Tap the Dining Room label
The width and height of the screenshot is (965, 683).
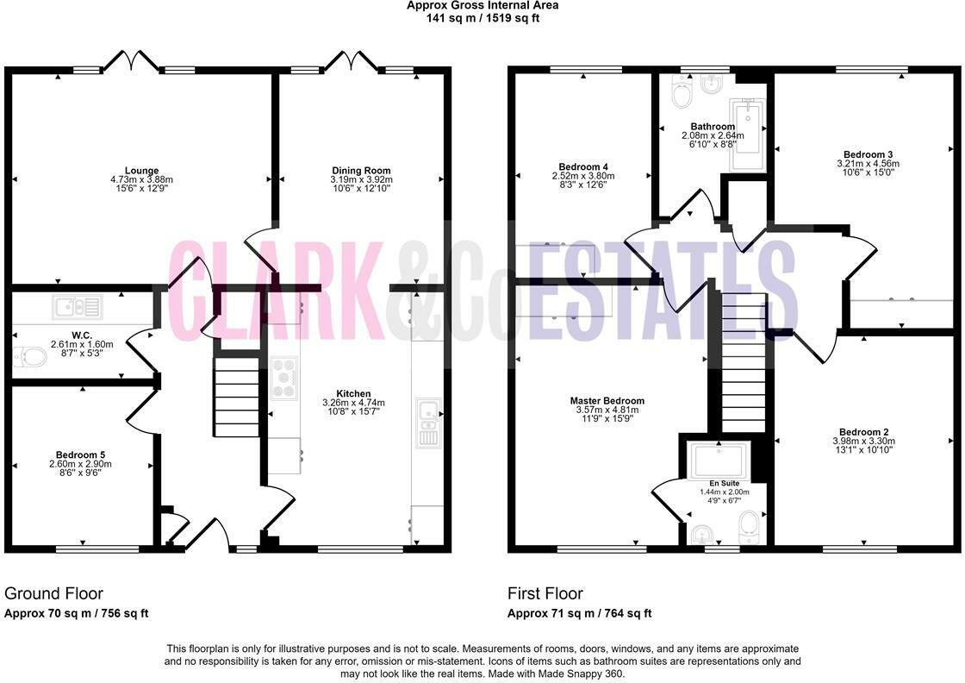click(361, 170)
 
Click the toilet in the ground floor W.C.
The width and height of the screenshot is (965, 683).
click(30, 356)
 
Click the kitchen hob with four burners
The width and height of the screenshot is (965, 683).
click(284, 377)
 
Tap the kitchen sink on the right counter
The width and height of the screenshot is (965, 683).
click(427, 422)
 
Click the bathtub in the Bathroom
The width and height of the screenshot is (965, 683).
click(746, 136)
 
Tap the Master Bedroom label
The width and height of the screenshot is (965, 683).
click(607, 401)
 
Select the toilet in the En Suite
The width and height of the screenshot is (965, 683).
click(749, 523)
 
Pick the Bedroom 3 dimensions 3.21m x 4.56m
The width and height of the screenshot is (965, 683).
click(868, 164)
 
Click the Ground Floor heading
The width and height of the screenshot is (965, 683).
click(54, 593)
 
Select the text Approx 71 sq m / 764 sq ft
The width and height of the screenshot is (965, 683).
click(579, 613)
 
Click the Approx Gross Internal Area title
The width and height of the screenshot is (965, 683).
click(482, 5)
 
